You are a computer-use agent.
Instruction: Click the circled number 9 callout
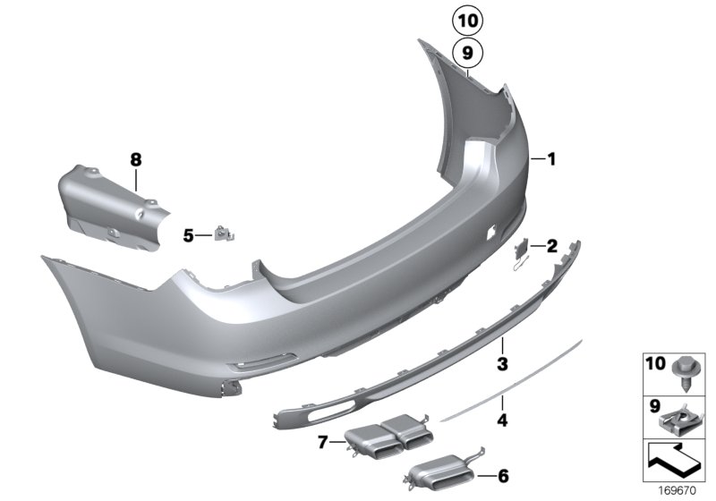(466, 54)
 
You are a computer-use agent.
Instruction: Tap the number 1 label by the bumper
(552, 159)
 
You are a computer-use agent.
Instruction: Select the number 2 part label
(552, 245)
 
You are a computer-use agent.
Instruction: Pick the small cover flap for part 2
(524, 250)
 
